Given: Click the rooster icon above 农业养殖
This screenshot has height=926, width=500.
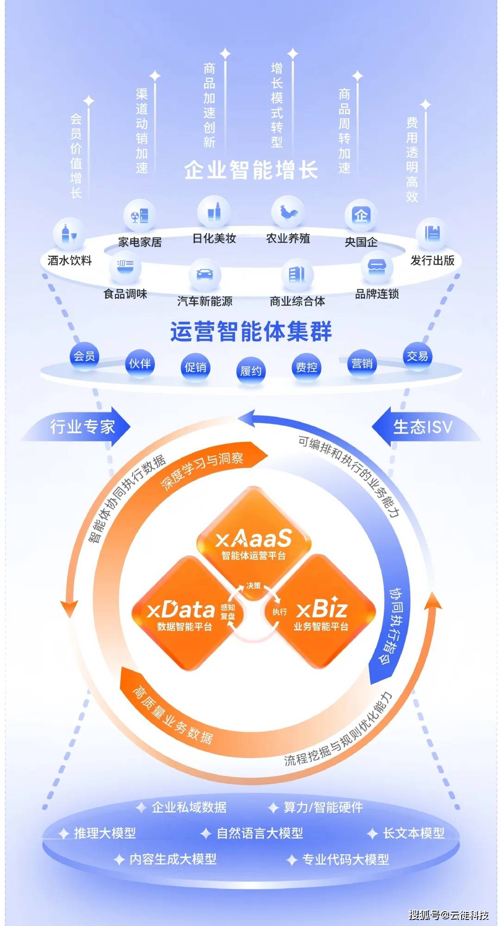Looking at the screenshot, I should click(288, 212).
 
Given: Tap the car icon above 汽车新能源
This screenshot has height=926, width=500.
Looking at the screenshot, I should click(205, 274).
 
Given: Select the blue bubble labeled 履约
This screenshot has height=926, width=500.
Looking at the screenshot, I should click(251, 371).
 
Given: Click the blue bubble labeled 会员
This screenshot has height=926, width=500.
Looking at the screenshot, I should click(84, 356).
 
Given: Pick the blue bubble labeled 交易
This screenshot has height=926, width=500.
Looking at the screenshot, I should click(417, 356).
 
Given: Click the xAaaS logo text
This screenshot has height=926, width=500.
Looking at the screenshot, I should click(254, 539).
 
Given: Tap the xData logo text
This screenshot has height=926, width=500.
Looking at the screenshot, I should click(181, 610).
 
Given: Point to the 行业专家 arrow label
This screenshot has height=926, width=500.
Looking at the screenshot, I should click(82, 426).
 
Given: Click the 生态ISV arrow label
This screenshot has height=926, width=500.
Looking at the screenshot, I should click(422, 426).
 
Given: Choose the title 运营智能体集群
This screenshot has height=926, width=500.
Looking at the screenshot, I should click(251, 331).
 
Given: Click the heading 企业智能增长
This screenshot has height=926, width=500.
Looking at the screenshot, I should click(251, 170).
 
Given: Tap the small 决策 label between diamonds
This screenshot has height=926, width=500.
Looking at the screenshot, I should click(254, 585).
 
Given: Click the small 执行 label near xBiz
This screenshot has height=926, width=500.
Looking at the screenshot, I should click(280, 612).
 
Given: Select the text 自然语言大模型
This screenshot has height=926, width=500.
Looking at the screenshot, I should click(260, 833).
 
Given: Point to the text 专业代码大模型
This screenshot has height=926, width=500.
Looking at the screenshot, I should click(345, 859).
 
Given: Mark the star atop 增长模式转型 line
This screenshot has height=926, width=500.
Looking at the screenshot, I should click(293, 54).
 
